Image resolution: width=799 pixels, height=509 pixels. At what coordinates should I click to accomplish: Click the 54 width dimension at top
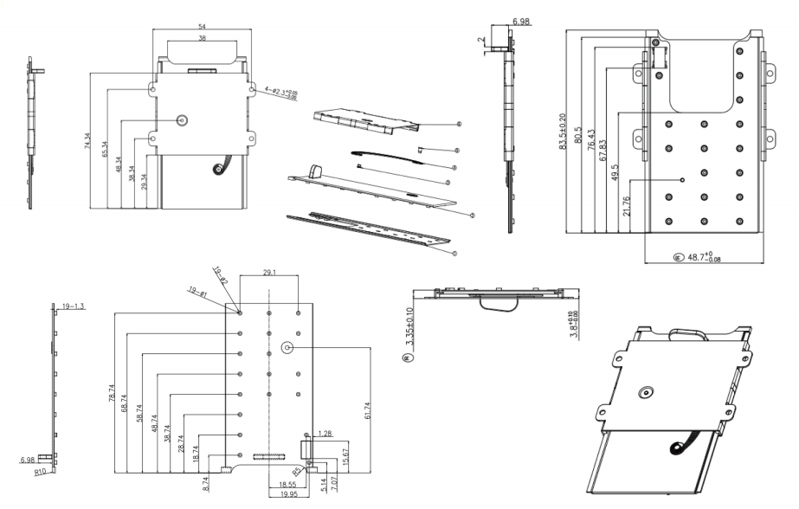click(202, 28)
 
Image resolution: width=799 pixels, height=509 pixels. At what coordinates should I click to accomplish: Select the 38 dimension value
click(202, 39)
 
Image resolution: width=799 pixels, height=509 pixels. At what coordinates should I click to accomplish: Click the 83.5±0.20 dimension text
click(564, 132)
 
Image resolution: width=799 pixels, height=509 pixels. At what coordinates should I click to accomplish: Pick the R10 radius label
click(40, 474)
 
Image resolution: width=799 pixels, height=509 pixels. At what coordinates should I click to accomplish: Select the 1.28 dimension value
click(325, 432)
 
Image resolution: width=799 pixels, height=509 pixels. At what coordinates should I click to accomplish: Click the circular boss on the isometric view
click(645, 394)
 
